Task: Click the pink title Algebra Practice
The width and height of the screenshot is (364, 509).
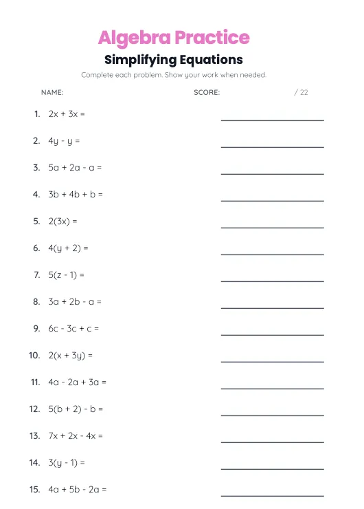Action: click(x=173, y=37)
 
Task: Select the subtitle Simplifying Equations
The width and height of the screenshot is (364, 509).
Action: click(x=173, y=60)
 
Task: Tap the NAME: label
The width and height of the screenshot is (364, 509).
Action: click(x=52, y=92)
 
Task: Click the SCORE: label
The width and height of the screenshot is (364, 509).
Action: click(x=207, y=92)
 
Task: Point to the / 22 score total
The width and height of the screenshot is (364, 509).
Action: click(x=301, y=92)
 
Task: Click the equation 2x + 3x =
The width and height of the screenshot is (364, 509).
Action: click(x=67, y=114)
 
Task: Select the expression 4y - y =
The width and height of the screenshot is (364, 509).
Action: click(x=64, y=141)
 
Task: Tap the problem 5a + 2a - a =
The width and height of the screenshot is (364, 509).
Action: click(x=75, y=168)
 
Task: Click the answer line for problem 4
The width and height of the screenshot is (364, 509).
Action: click(x=272, y=200)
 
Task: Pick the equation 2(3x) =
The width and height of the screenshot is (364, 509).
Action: click(x=62, y=221)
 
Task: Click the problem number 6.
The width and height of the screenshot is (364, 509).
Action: click(x=36, y=248)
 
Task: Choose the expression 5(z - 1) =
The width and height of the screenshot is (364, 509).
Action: click(x=66, y=275)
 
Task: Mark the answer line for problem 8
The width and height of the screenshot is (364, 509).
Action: click(x=272, y=307)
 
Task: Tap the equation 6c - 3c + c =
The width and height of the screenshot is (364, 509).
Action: click(x=73, y=329)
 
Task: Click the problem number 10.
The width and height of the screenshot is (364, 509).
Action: click(x=34, y=356)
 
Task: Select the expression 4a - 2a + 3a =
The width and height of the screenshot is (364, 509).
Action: click(x=77, y=382)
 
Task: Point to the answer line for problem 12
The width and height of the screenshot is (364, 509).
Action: click(x=272, y=415)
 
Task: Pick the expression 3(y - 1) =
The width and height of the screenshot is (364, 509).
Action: click(x=66, y=463)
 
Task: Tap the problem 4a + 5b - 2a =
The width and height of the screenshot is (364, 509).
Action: click(x=77, y=490)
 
